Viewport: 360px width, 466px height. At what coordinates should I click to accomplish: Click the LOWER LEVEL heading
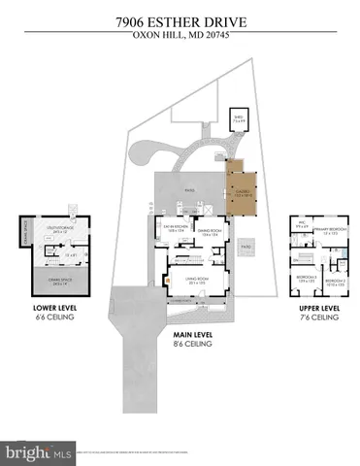tap(54, 311)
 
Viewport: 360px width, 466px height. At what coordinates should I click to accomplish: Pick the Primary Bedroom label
tap(333, 232)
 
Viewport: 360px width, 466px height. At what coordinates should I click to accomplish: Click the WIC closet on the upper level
tap(302, 231)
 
